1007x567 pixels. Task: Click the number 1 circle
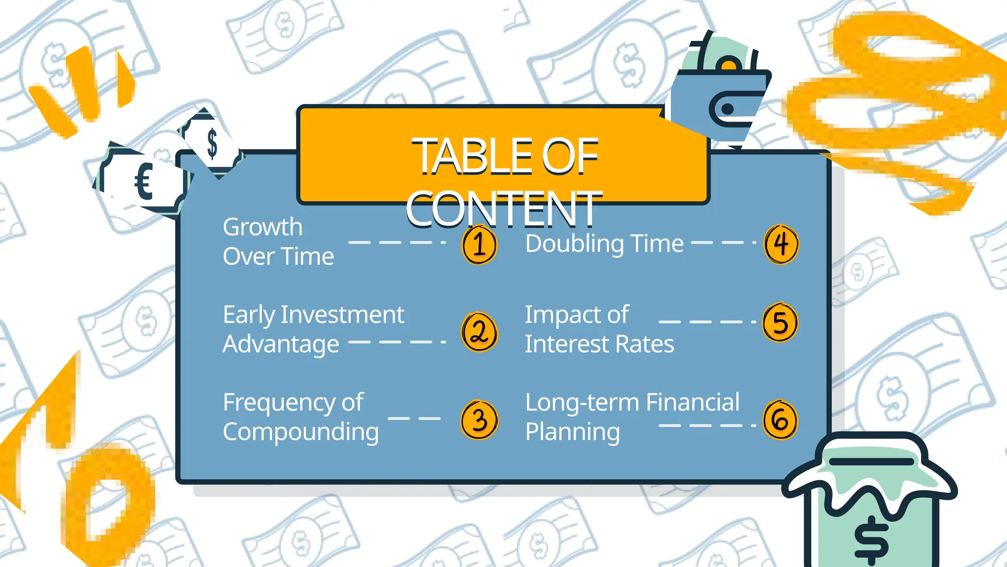(479, 245)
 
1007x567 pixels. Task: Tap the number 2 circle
(479, 332)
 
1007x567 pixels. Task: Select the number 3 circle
(479, 420)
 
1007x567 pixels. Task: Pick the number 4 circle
(781, 244)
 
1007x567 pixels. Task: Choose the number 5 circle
(780, 323)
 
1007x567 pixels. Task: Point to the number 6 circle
(780, 420)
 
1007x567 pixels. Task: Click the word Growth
(263, 227)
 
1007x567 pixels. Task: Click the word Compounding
(300, 432)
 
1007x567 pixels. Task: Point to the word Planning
(572, 432)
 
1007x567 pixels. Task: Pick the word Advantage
(281, 344)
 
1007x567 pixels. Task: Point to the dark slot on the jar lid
(871, 462)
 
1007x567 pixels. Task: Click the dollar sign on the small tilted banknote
(212, 143)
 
